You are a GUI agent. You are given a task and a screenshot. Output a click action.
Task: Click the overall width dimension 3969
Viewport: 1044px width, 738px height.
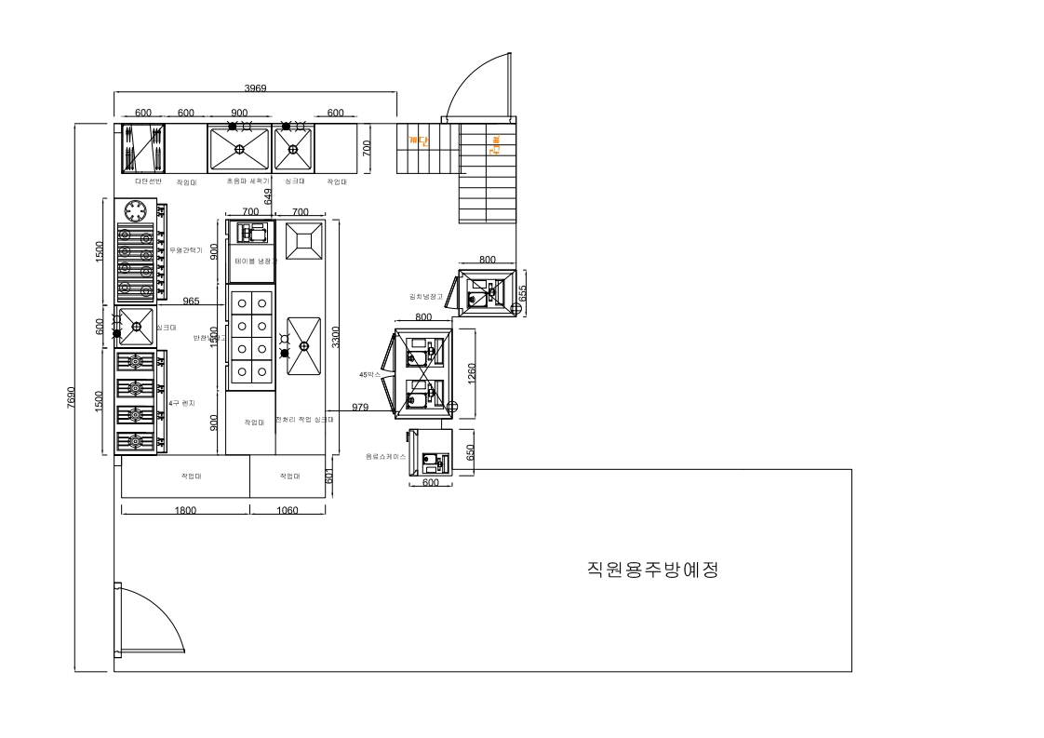[255, 87]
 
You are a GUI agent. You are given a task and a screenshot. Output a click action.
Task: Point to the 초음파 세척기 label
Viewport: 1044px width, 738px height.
[248, 181]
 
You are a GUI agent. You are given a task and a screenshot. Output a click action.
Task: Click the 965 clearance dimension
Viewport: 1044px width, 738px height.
[191, 301]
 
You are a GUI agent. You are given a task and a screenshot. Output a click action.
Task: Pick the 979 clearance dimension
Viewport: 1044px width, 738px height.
[361, 407]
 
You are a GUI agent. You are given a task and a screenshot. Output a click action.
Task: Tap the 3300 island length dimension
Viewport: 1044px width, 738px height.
[335, 337]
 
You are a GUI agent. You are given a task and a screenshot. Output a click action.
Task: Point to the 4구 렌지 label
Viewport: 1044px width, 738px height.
[181, 402]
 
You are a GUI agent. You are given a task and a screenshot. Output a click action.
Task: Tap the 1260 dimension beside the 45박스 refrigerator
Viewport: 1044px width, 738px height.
[472, 370]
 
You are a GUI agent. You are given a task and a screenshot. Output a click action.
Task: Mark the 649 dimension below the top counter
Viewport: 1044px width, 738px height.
[269, 196]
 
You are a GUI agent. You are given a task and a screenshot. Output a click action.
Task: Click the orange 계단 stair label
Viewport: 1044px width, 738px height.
[418, 142]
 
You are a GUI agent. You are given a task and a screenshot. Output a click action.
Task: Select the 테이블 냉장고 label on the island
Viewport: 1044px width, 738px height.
[252, 262]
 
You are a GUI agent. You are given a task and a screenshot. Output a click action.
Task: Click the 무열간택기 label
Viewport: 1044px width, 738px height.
[186, 249]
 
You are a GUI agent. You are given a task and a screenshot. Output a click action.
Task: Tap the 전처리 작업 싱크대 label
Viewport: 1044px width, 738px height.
[304, 420]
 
